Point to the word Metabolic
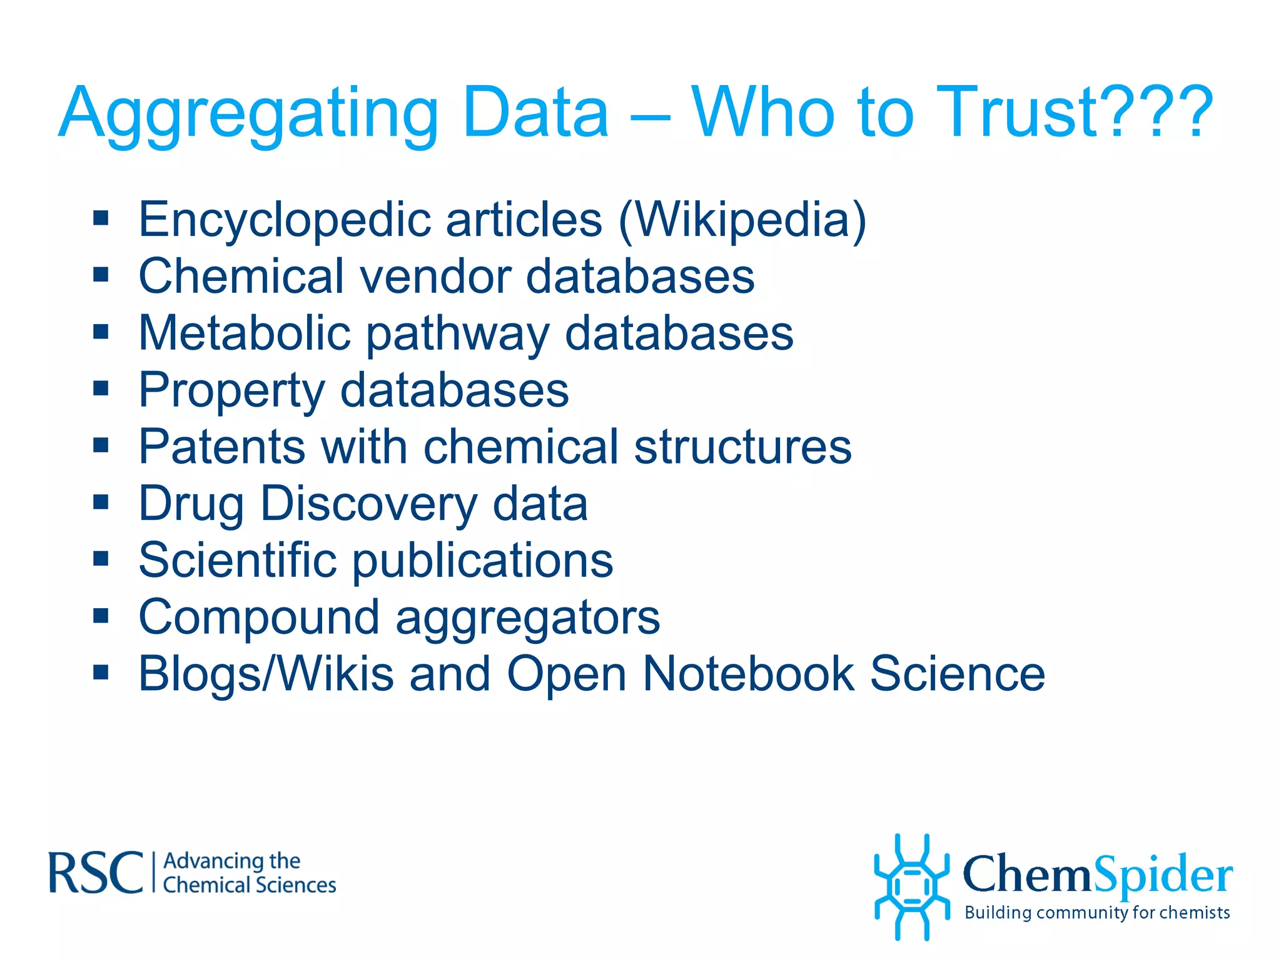(x=244, y=333)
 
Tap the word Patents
(x=222, y=447)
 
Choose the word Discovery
(x=369, y=504)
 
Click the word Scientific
(x=238, y=560)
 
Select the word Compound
(x=259, y=618)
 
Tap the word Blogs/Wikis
(x=266, y=674)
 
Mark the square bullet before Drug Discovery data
(x=101, y=502)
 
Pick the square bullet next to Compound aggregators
(x=101, y=616)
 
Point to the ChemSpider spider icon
(x=912, y=887)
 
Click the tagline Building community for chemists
(x=1097, y=913)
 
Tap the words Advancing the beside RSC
(x=231, y=861)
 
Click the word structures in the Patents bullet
(x=742, y=447)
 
